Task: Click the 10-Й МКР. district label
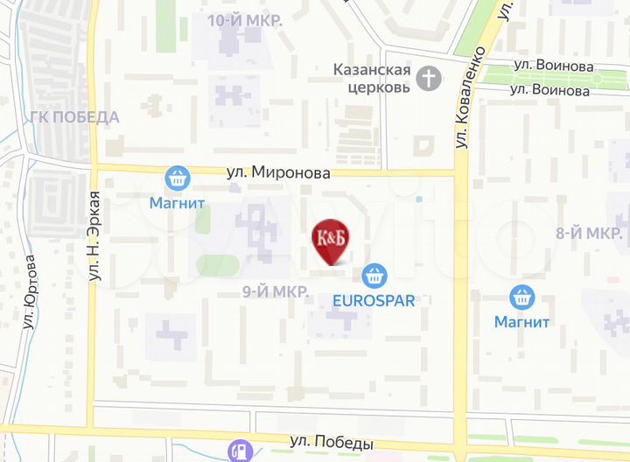coord(245,20)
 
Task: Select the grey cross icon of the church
coord(429,79)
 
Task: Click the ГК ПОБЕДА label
coord(74,117)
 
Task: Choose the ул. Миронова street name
coord(278,173)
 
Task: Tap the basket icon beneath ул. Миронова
coord(178,178)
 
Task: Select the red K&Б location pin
coord(329,241)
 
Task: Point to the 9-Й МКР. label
coord(275,291)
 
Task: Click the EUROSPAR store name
coord(374,299)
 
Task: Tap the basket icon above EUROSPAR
coord(374,275)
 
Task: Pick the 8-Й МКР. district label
coord(589,233)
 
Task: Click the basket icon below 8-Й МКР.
coord(522,297)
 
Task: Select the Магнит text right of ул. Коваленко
coord(521,321)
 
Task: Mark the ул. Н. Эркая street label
coord(94,234)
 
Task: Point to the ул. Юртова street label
coord(31,290)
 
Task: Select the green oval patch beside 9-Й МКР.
coord(217,265)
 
